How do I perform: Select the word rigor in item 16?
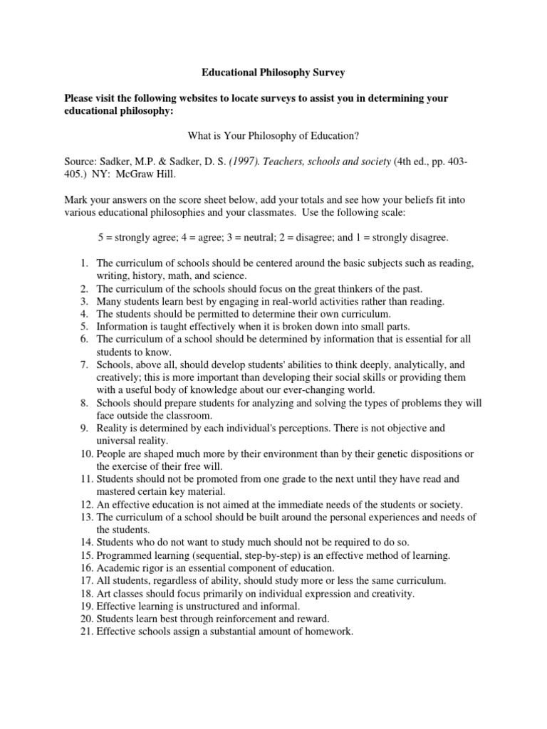tap(152, 567)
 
